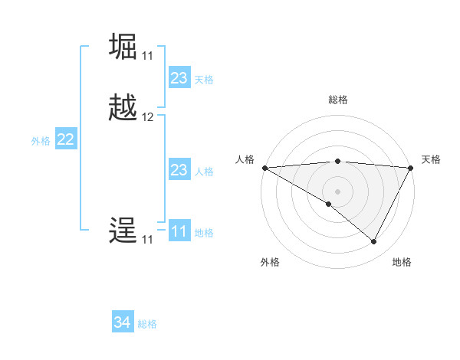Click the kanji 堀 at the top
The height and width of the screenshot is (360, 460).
click(x=123, y=47)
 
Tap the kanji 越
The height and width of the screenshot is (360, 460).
click(x=123, y=108)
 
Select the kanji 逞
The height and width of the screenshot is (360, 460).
click(x=123, y=231)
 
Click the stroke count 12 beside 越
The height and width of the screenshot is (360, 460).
click(x=148, y=118)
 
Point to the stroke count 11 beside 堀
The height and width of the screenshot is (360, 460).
click(x=147, y=56)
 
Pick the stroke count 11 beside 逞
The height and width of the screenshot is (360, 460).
click(x=147, y=240)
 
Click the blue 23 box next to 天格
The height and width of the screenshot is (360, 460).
click(x=179, y=78)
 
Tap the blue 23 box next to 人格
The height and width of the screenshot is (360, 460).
click(x=179, y=170)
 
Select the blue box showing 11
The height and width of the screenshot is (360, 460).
click(x=179, y=231)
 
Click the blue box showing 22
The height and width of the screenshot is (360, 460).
click(x=66, y=139)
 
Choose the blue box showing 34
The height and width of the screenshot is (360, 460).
click(x=123, y=322)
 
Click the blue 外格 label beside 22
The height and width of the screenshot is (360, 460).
click(x=41, y=141)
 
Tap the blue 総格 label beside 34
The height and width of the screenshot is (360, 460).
click(x=147, y=324)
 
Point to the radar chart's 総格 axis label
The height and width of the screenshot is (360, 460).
click(x=337, y=100)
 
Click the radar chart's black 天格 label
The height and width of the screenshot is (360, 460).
click(x=431, y=159)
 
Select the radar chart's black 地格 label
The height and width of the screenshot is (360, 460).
click(x=402, y=262)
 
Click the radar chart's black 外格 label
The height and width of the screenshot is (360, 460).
click(x=270, y=262)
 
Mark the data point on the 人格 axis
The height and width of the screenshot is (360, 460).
click(x=264, y=168)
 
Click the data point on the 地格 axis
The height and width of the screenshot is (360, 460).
click(x=374, y=241)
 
